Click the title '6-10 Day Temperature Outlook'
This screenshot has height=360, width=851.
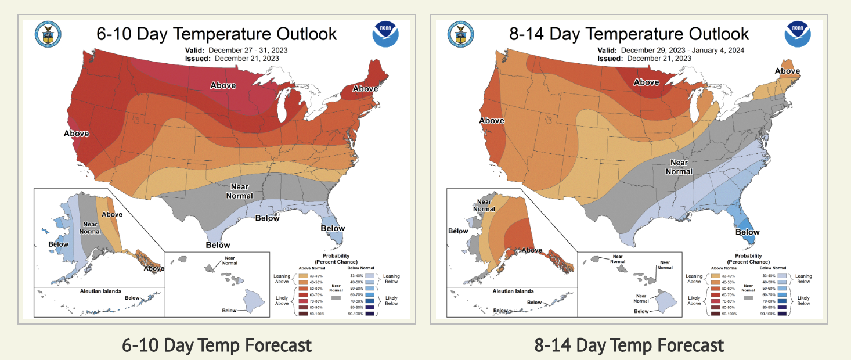(x=217, y=34)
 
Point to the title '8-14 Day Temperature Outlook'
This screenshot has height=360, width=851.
(x=629, y=34)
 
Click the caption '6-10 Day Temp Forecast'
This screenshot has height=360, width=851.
(x=217, y=345)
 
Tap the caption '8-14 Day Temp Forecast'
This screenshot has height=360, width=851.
(x=629, y=345)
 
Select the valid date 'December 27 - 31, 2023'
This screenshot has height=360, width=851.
(x=248, y=50)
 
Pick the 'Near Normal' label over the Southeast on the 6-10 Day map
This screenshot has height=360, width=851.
(x=240, y=191)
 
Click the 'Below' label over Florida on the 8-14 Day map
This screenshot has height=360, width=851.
(x=748, y=232)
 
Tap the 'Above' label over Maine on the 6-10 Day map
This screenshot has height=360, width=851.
(x=365, y=89)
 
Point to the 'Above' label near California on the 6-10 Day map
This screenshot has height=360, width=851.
(x=77, y=134)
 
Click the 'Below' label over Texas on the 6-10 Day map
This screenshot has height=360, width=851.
(x=218, y=245)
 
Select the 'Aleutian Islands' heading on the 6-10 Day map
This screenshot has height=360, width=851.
(x=104, y=290)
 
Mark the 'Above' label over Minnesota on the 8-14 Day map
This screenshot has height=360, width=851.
(x=646, y=82)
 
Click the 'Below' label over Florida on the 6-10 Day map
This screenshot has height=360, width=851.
(x=333, y=228)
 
